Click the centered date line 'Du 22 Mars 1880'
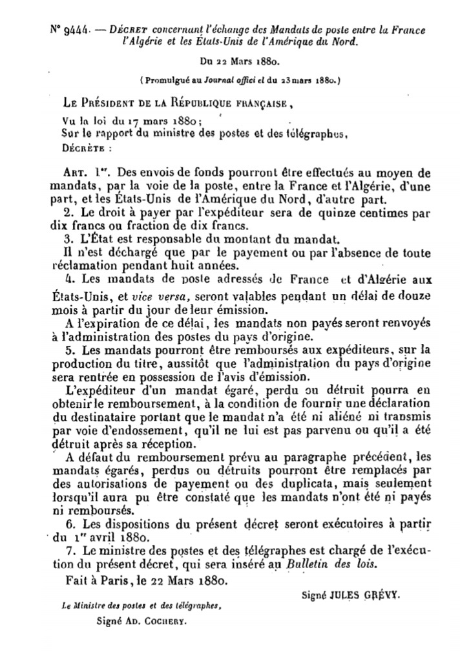238,63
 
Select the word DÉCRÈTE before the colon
80,147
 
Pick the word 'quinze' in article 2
334,213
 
